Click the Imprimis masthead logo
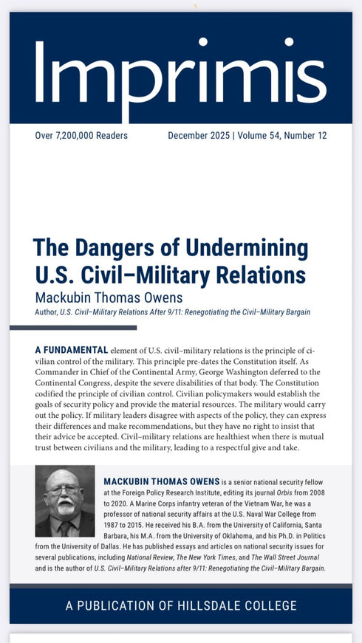tap(180, 71)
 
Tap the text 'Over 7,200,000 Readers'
tap(81, 136)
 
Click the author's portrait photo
tap(65, 501)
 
